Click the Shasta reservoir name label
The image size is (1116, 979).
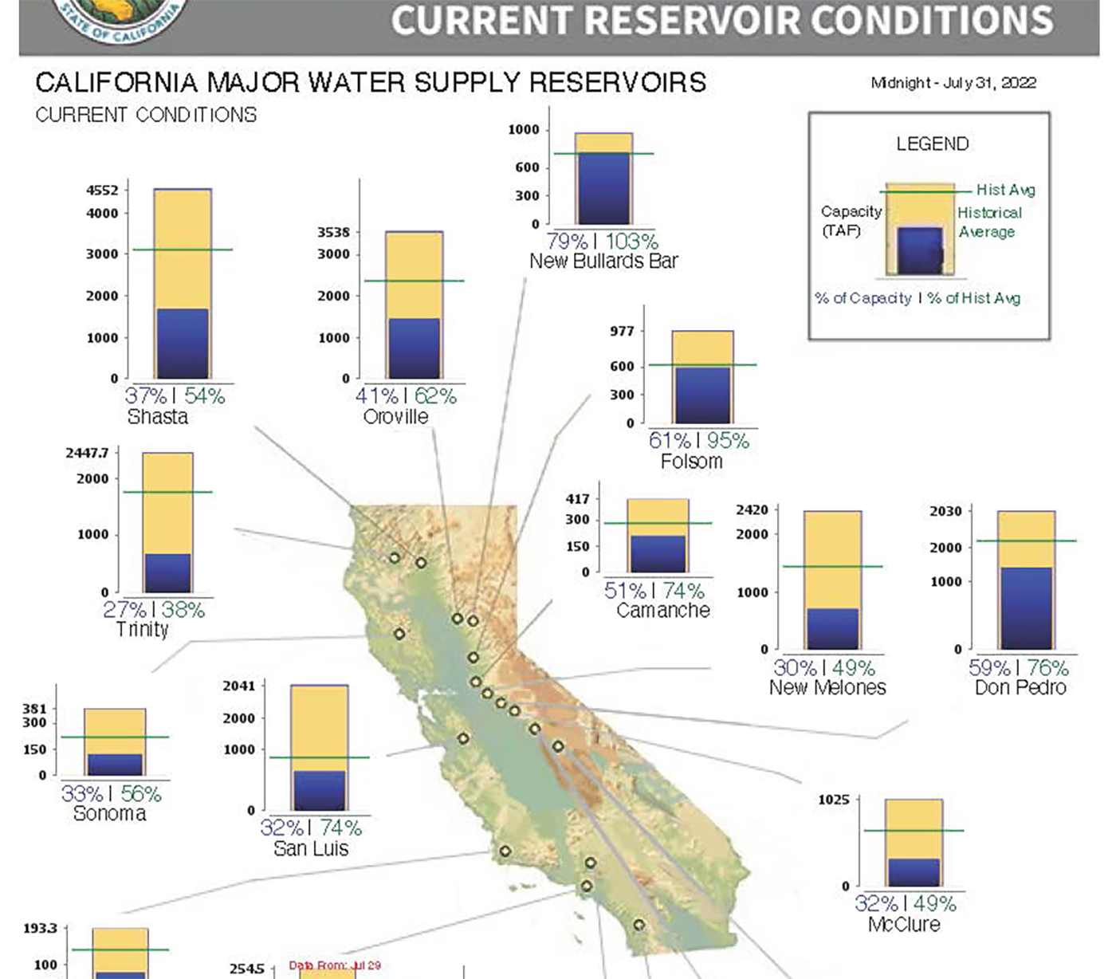tap(158, 417)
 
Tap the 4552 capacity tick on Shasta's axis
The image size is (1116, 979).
tap(102, 190)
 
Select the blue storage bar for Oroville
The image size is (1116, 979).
tap(414, 348)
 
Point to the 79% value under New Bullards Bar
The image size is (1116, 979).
tap(567, 241)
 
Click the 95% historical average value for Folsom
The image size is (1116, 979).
tap(727, 440)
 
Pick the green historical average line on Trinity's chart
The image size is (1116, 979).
tap(167, 492)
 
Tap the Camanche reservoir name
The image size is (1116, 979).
tap(662, 611)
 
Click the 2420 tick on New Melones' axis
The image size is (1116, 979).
tap(752, 510)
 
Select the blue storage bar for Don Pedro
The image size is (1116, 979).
tap(1025, 607)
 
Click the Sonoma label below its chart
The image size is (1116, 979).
tap(110, 814)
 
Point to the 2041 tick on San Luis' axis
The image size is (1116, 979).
tap(238, 686)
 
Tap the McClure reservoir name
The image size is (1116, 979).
tap(904, 925)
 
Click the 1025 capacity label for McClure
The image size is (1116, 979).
tap(833, 800)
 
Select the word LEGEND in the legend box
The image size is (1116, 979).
tap(932, 144)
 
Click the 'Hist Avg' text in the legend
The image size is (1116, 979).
tap(1005, 190)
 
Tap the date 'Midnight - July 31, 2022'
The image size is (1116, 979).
tap(953, 83)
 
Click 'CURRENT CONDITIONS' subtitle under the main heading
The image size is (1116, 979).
tap(146, 116)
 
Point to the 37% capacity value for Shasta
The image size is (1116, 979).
tap(146, 395)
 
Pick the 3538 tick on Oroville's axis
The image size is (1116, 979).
tap(333, 233)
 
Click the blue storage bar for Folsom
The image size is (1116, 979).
tap(702, 395)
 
